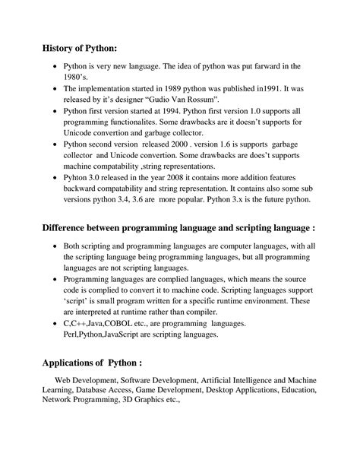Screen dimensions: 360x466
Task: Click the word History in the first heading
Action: point(62,49)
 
